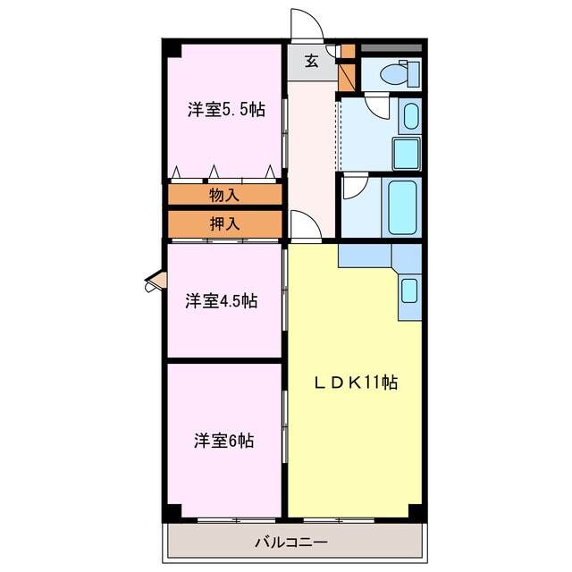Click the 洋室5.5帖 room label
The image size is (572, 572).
click(x=225, y=110)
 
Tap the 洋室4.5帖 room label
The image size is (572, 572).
click(x=222, y=301)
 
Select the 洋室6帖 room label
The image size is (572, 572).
click(x=224, y=441)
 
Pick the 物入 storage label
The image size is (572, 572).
click(x=224, y=194)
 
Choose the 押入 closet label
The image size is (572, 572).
click(x=224, y=223)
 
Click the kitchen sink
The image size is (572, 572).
click(x=408, y=290)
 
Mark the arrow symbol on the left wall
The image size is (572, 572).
click(x=155, y=284)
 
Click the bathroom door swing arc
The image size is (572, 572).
click(x=354, y=187)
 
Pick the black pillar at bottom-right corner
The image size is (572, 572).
click(x=415, y=511)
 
